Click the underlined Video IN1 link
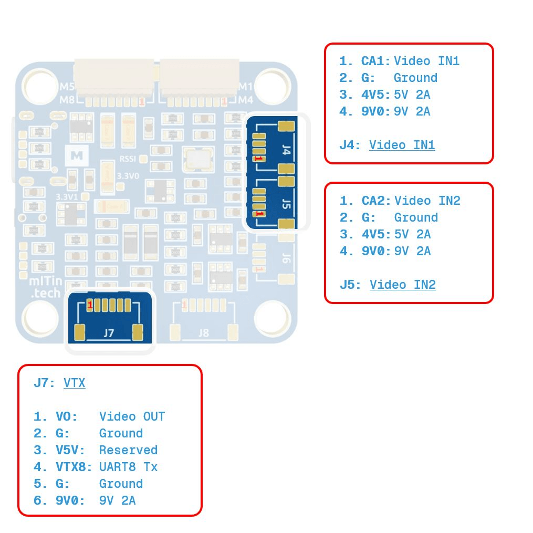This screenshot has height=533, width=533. (402, 145)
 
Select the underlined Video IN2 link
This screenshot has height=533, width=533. (402, 285)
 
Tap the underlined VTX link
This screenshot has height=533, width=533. (75, 383)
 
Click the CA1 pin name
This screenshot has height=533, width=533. (375, 61)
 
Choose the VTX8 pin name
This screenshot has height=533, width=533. (74, 467)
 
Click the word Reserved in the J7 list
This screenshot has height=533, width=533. (129, 450)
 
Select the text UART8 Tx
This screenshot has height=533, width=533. (129, 467)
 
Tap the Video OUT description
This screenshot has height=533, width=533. (132, 416)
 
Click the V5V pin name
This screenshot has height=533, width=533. (70, 450)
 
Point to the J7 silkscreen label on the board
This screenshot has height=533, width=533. (109, 333)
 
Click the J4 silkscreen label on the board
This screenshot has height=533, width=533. (287, 150)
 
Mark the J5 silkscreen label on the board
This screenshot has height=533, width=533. (287, 204)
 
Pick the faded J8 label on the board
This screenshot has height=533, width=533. (204, 333)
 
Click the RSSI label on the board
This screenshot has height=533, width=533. (128, 159)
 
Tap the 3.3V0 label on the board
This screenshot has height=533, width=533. (128, 176)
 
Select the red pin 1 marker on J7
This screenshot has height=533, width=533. (90, 305)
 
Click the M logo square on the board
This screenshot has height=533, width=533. (77, 155)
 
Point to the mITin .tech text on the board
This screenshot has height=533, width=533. (46, 287)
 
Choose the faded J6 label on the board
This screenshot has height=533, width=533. (287, 258)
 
